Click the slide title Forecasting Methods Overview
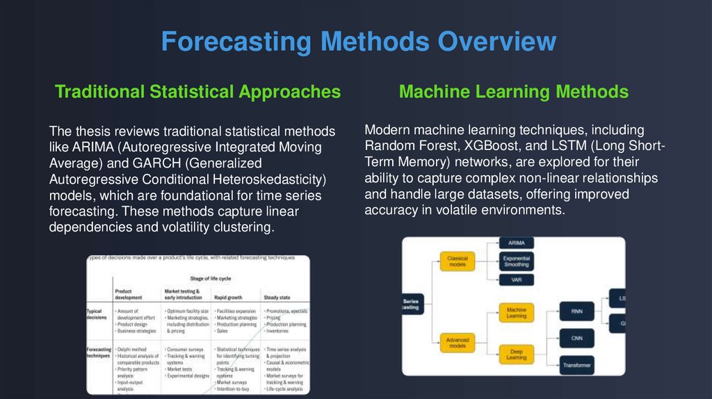[358, 42]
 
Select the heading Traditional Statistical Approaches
[197, 92]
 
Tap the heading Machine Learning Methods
[513, 92]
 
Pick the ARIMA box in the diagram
[517, 243]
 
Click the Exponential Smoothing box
[517, 261]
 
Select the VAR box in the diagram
[517, 280]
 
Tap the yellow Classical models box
[457, 261]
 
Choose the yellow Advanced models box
[457, 343]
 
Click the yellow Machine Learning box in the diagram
[516, 313]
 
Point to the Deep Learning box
[516, 355]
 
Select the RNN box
[576, 312]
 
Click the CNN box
[576, 339]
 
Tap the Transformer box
[576, 364]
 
